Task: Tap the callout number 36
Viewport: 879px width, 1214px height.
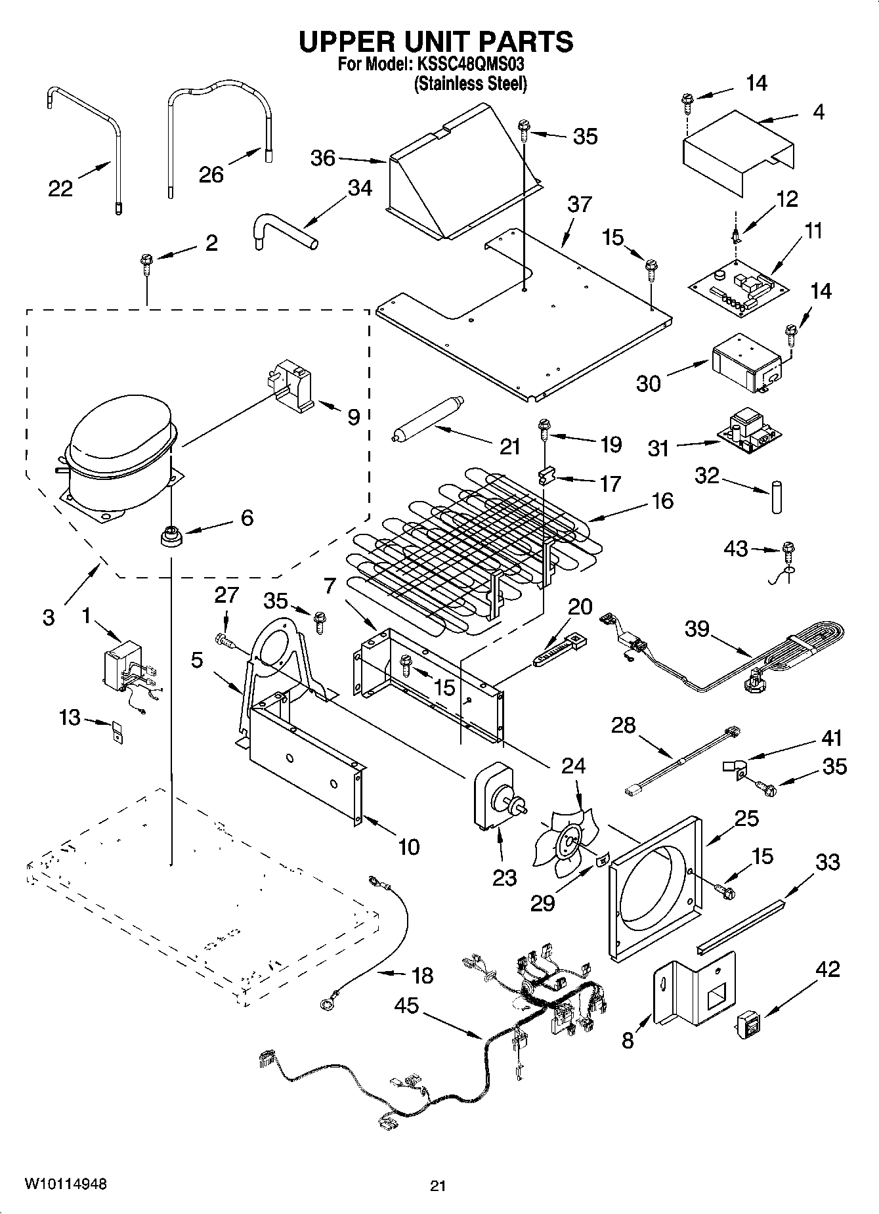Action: point(323,158)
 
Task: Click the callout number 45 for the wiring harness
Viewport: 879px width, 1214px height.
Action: point(406,1005)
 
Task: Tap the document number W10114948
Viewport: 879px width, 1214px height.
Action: point(65,1184)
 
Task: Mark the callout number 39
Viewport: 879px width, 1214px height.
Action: point(697,629)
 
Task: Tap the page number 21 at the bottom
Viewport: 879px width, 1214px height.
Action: point(438,1185)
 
